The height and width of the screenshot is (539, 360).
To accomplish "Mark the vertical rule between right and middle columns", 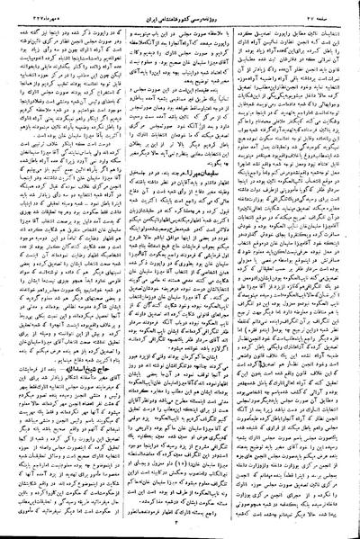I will click(x=238, y=270).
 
